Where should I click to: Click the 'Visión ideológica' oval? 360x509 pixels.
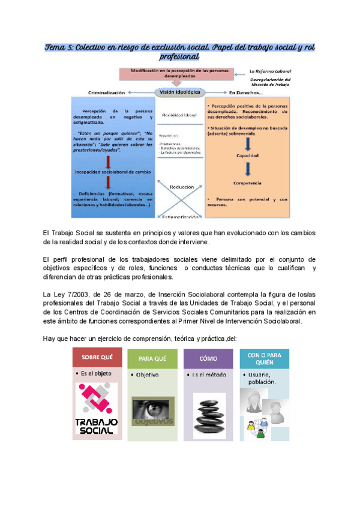click(179, 92)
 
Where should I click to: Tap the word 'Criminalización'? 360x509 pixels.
click(107, 93)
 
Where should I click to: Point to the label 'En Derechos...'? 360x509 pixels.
click(245, 93)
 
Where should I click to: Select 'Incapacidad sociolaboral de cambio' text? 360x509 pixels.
click(112, 172)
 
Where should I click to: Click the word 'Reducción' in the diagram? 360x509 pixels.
click(181, 187)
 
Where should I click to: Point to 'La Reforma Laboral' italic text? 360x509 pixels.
click(270, 71)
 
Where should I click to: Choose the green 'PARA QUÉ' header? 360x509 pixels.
click(152, 360)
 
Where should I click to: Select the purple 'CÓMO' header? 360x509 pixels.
click(208, 358)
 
